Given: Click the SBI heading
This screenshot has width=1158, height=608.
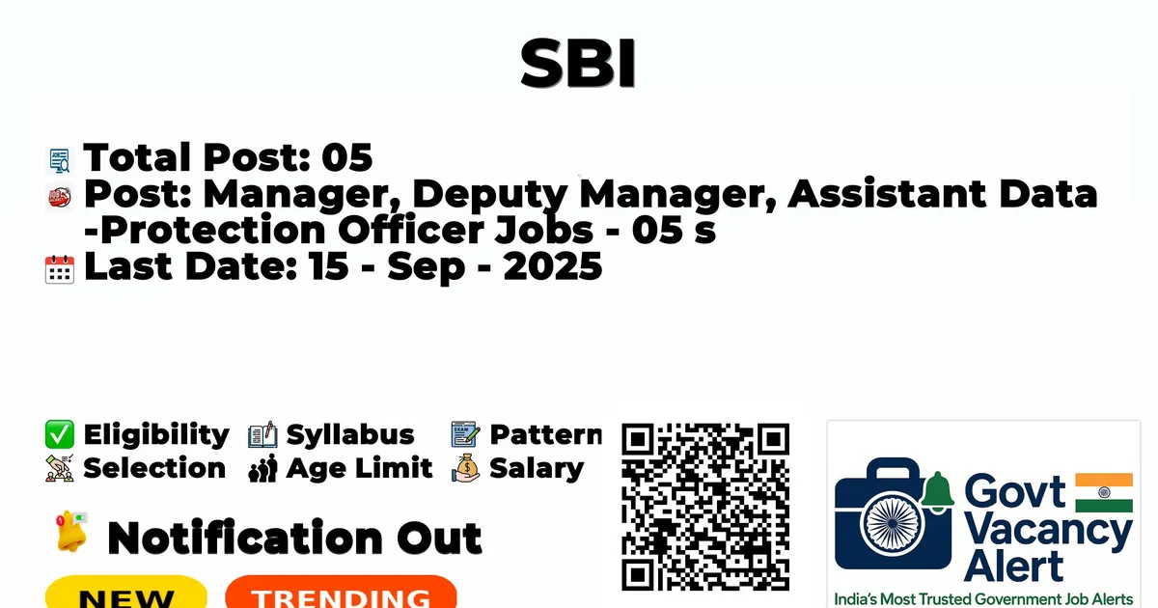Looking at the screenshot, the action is tap(578, 64).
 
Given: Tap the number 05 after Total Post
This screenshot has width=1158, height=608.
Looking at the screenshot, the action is tap(346, 157).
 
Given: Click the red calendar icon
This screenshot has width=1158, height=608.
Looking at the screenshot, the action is tap(60, 269).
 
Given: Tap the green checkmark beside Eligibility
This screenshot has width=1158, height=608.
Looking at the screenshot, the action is tap(60, 434).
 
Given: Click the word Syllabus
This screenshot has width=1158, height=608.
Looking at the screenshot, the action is tap(350, 435).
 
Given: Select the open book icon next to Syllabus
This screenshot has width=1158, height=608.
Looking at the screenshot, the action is tap(262, 434).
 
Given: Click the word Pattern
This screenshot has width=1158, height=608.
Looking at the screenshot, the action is tap(546, 434).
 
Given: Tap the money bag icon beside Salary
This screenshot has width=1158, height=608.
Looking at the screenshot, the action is tap(466, 468).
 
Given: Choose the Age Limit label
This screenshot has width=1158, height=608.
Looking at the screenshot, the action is tap(359, 468).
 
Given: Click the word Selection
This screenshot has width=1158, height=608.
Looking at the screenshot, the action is tap(154, 468).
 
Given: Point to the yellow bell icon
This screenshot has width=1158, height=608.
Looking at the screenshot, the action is tap(71, 531).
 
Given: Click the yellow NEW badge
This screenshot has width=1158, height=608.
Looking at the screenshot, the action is tap(126, 593).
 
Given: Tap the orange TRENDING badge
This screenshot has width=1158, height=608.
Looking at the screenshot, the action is tap(342, 593).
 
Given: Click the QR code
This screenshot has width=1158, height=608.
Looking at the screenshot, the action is tap(705, 508).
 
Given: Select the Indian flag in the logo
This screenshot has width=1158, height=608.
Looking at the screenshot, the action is tap(1104, 493).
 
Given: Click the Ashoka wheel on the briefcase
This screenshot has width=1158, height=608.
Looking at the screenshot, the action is tap(893, 523).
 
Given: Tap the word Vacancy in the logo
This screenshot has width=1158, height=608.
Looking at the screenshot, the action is tap(1048, 533).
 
